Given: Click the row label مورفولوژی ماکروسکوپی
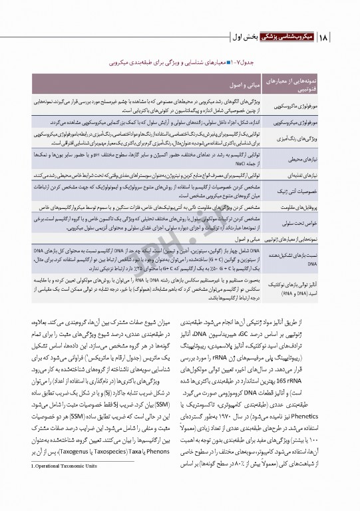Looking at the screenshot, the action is pyautogui.click(x=300, y=105).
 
